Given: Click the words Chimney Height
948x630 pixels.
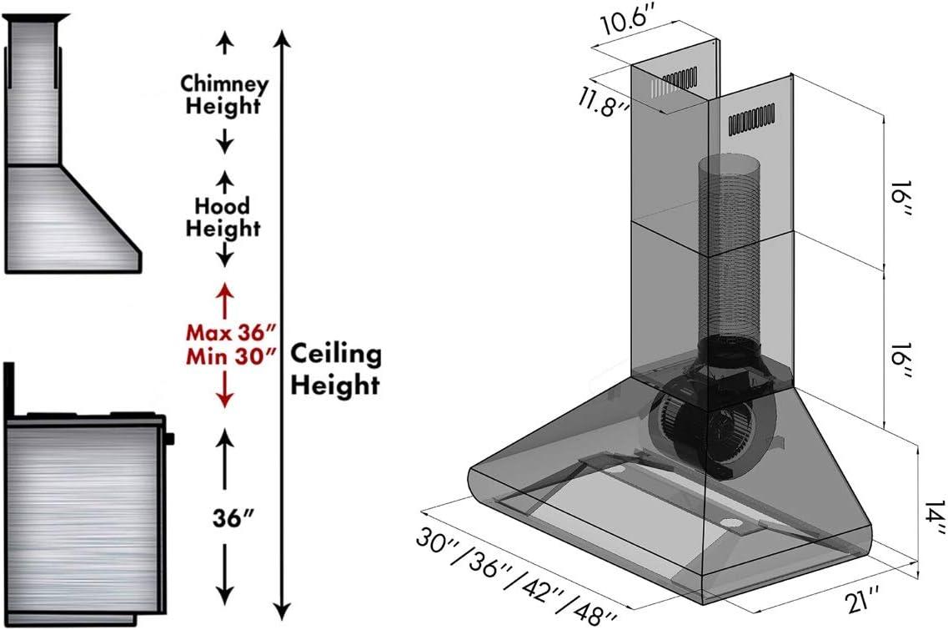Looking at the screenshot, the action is [x=224, y=93].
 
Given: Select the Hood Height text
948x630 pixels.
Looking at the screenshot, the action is [x=223, y=217].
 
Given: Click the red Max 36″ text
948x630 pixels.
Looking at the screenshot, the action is [x=231, y=332].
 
